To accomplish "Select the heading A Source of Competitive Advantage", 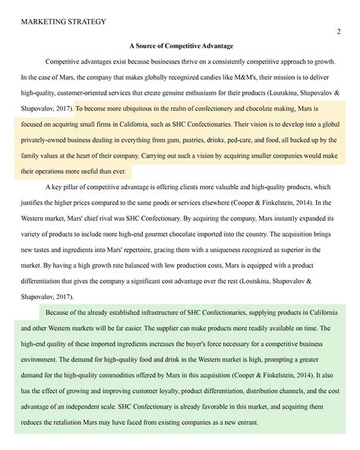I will click(180, 47).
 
